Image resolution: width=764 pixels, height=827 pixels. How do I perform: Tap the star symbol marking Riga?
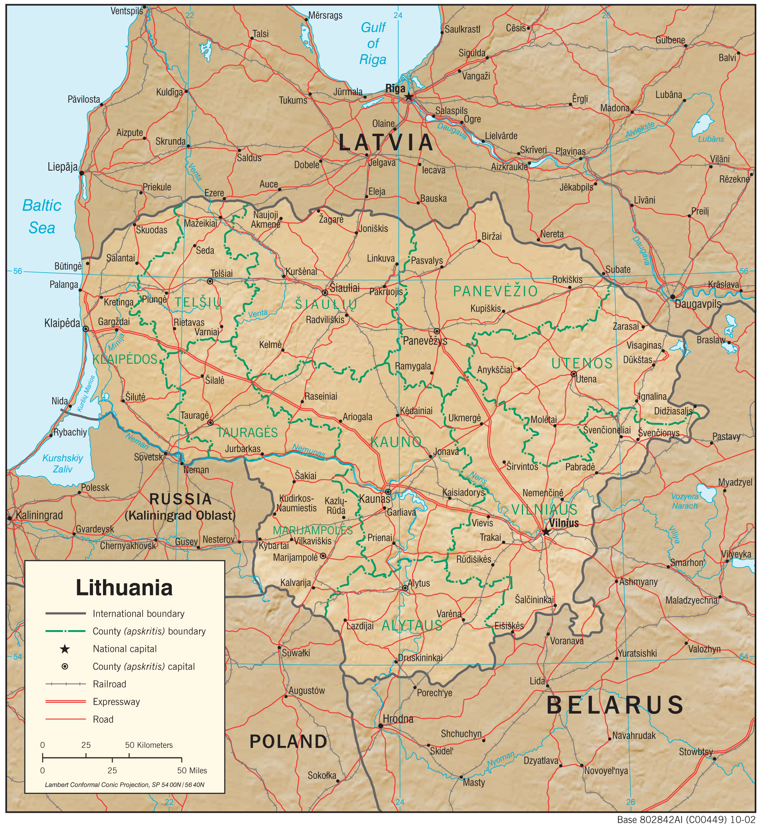pos(409,97)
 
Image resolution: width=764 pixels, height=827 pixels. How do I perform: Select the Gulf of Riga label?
pos(373,43)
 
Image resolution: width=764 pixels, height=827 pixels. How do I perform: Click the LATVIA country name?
pos(386,143)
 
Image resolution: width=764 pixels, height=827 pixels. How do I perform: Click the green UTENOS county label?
pos(582,363)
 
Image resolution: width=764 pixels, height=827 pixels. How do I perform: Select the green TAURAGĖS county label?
pos(247,433)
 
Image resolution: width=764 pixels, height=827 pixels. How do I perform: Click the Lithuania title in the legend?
pos(124,587)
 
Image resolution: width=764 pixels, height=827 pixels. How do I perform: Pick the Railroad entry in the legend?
pos(109,684)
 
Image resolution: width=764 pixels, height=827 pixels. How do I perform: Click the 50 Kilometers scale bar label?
pos(149,745)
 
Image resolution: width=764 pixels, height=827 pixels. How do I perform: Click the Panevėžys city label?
pos(425,341)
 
